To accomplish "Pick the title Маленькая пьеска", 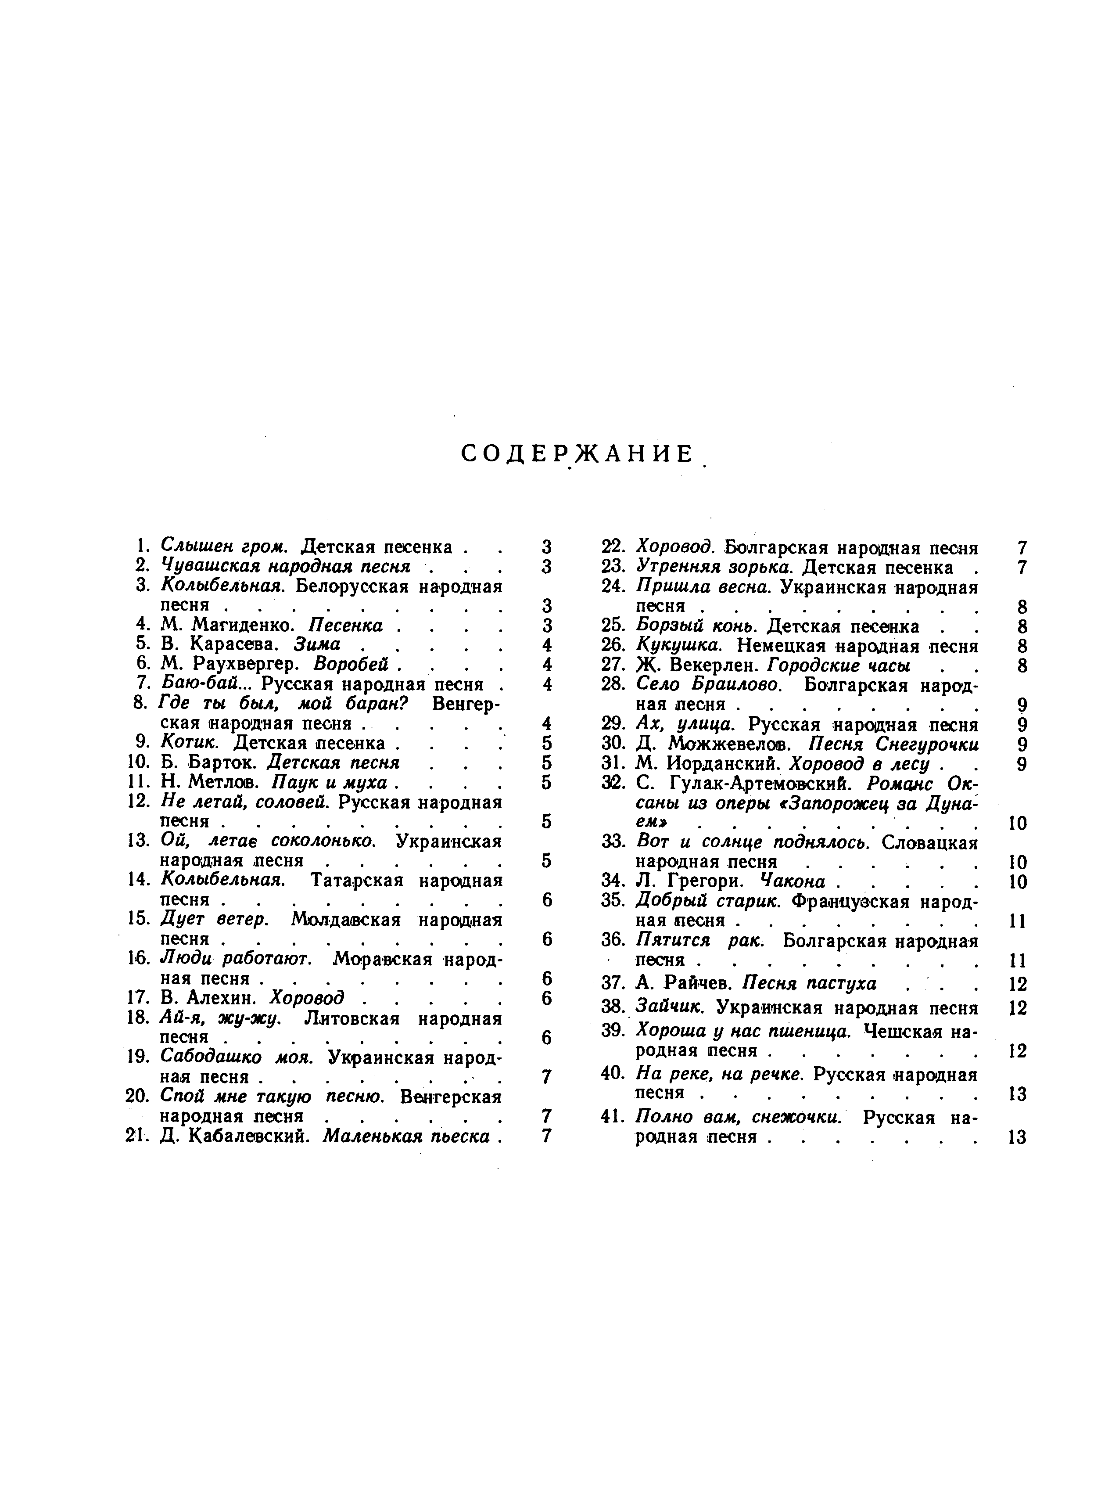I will coord(405,1136).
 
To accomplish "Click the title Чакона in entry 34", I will coord(793,882).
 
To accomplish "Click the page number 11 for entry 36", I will coord(1017,960).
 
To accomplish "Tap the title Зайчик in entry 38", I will coord(669,1008).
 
